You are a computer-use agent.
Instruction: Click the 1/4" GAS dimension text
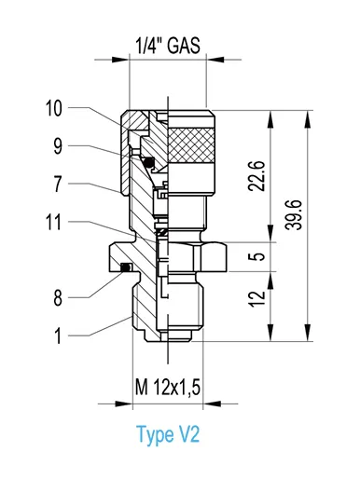(168, 46)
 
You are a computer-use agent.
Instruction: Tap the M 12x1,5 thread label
(168, 387)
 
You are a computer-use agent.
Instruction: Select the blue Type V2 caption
(168, 434)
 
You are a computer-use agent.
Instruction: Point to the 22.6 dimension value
(256, 176)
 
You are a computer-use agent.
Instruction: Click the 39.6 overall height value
(294, 214)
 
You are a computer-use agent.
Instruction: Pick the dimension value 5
(257, 256)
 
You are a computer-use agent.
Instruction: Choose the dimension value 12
(257, 299)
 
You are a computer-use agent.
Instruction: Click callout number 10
(53, 108)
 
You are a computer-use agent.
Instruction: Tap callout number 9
(58, 146)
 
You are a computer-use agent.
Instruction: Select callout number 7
(58, 185)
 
